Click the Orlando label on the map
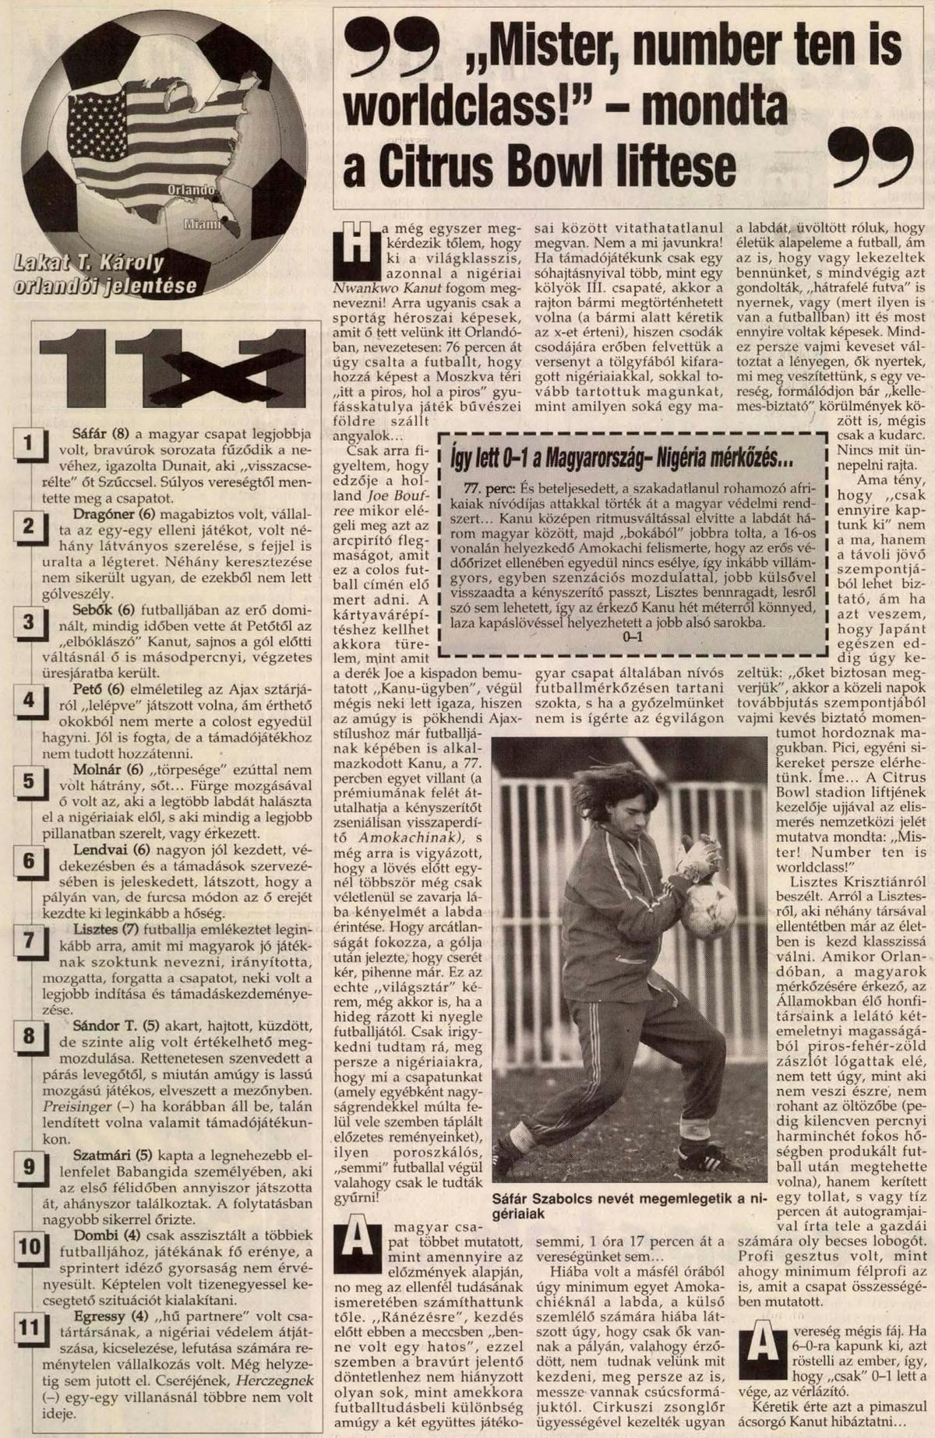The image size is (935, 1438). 191,190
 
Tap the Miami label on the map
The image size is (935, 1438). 202,225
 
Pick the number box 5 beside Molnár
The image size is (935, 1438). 29,781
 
